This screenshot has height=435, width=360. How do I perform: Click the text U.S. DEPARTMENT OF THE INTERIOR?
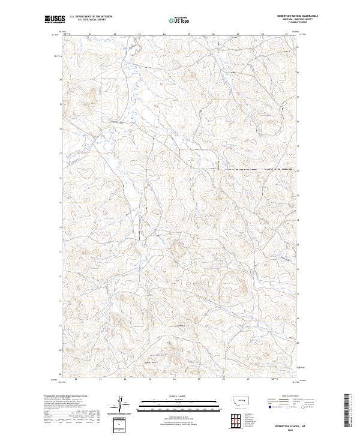tap(91, 17)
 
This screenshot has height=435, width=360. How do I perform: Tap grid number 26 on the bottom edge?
tap(223, 379)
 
